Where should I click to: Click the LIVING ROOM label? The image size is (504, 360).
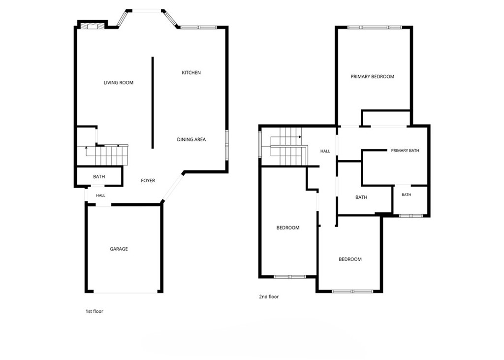(118, 83)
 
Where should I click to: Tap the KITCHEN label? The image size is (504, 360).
(191, 73)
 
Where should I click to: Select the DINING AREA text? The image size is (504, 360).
(191, 140)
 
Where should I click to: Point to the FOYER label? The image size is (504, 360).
(148, 181)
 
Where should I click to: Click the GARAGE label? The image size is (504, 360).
(119, 249)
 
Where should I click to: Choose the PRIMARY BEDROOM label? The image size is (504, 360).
(372, 76)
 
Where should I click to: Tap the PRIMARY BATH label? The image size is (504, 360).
(405, 151)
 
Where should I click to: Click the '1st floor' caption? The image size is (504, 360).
(94, 311)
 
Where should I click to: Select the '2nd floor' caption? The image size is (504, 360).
(269, 296)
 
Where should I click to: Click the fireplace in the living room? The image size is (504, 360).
(92, 26)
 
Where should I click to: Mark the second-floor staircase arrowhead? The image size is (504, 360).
(300, 137)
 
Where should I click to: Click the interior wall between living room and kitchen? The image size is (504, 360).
(153, 102)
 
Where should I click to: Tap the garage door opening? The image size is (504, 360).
(126, 292)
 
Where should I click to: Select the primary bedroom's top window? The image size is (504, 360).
(375, 28)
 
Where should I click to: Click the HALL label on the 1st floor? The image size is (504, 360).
(100, 196)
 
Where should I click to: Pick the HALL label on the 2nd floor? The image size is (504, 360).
(325, 151)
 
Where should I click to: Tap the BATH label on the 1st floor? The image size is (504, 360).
(99, 177)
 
